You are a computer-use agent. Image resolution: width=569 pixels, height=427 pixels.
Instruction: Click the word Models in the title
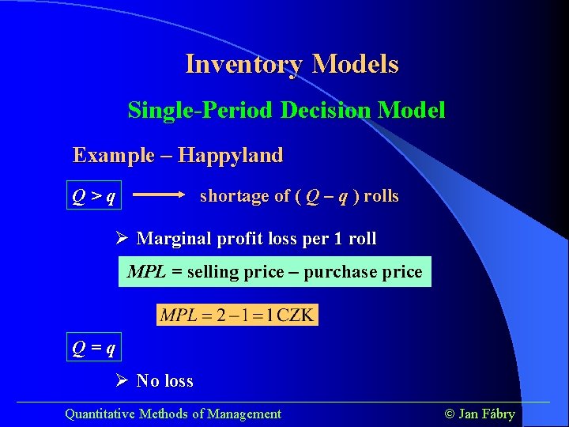[x=356, y=64]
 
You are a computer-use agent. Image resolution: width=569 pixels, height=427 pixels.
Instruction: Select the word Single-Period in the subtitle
[x=201, y=110]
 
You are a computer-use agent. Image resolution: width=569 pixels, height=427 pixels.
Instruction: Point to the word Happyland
[x=231, y=155]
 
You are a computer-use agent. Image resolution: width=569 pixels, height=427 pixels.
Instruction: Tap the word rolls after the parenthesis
[x=382, y=196]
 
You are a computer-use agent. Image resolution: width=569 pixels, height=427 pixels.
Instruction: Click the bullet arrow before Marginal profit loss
[x=122, y=238]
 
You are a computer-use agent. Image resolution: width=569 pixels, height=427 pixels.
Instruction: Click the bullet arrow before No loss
[x=122, y=380]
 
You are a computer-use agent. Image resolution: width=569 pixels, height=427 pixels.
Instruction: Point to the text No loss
[x=164, y=381]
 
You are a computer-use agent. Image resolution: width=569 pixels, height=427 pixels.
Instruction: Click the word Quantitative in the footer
[x=100, y=414]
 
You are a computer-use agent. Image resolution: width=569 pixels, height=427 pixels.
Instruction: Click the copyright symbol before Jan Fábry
[x=450, y=414]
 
